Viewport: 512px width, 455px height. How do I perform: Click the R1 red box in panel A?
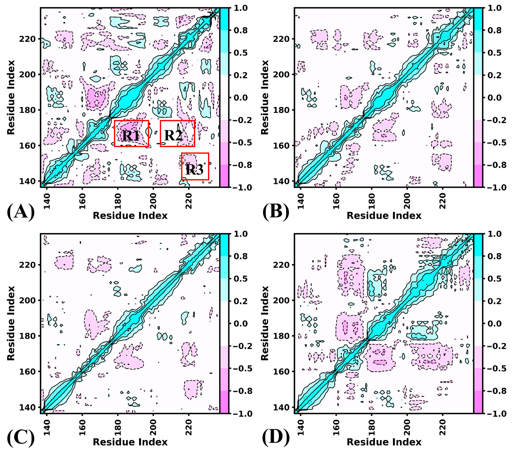[x=131, y=133]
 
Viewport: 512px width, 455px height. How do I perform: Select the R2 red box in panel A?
[x=177, y=133]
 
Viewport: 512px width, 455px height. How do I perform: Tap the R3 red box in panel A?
[x=195, y=166]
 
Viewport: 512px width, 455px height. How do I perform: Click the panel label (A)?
[x=21, y=212]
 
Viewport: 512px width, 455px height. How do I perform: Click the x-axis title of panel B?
[x=384, y=216]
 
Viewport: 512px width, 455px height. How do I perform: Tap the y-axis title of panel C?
[x=11, y=323]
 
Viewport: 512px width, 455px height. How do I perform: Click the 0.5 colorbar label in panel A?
[x=240, y=53]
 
